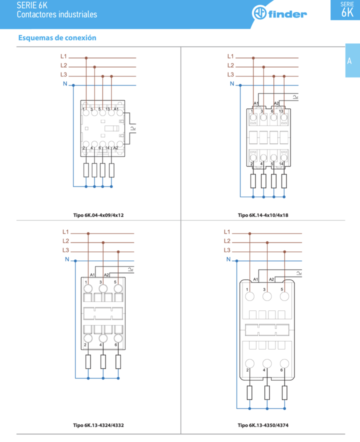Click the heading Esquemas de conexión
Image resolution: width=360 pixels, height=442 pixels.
point(57,37)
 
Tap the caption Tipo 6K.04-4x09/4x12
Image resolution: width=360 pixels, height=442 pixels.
point(98,215)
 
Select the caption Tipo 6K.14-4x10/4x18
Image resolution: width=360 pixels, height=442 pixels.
point(263,215)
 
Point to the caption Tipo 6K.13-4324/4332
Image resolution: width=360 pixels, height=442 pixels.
point(98,425)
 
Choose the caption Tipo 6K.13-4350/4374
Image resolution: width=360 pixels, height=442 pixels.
point(263,425)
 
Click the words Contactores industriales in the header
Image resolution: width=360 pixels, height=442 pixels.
point(56,14)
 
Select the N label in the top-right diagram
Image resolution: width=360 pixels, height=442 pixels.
point(231,84)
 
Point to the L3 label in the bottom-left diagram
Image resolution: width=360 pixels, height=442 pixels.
point(65,250)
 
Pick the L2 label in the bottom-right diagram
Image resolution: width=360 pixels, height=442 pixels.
point(227,241)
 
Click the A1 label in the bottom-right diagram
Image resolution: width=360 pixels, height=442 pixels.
point(255,279)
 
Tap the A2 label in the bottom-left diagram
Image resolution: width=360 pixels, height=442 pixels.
point(106,275)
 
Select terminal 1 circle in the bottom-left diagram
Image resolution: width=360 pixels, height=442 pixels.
point(88,288)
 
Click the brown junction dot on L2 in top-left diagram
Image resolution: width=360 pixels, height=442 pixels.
point(94,66)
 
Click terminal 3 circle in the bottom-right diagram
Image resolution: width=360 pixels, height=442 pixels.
point(267,296)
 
